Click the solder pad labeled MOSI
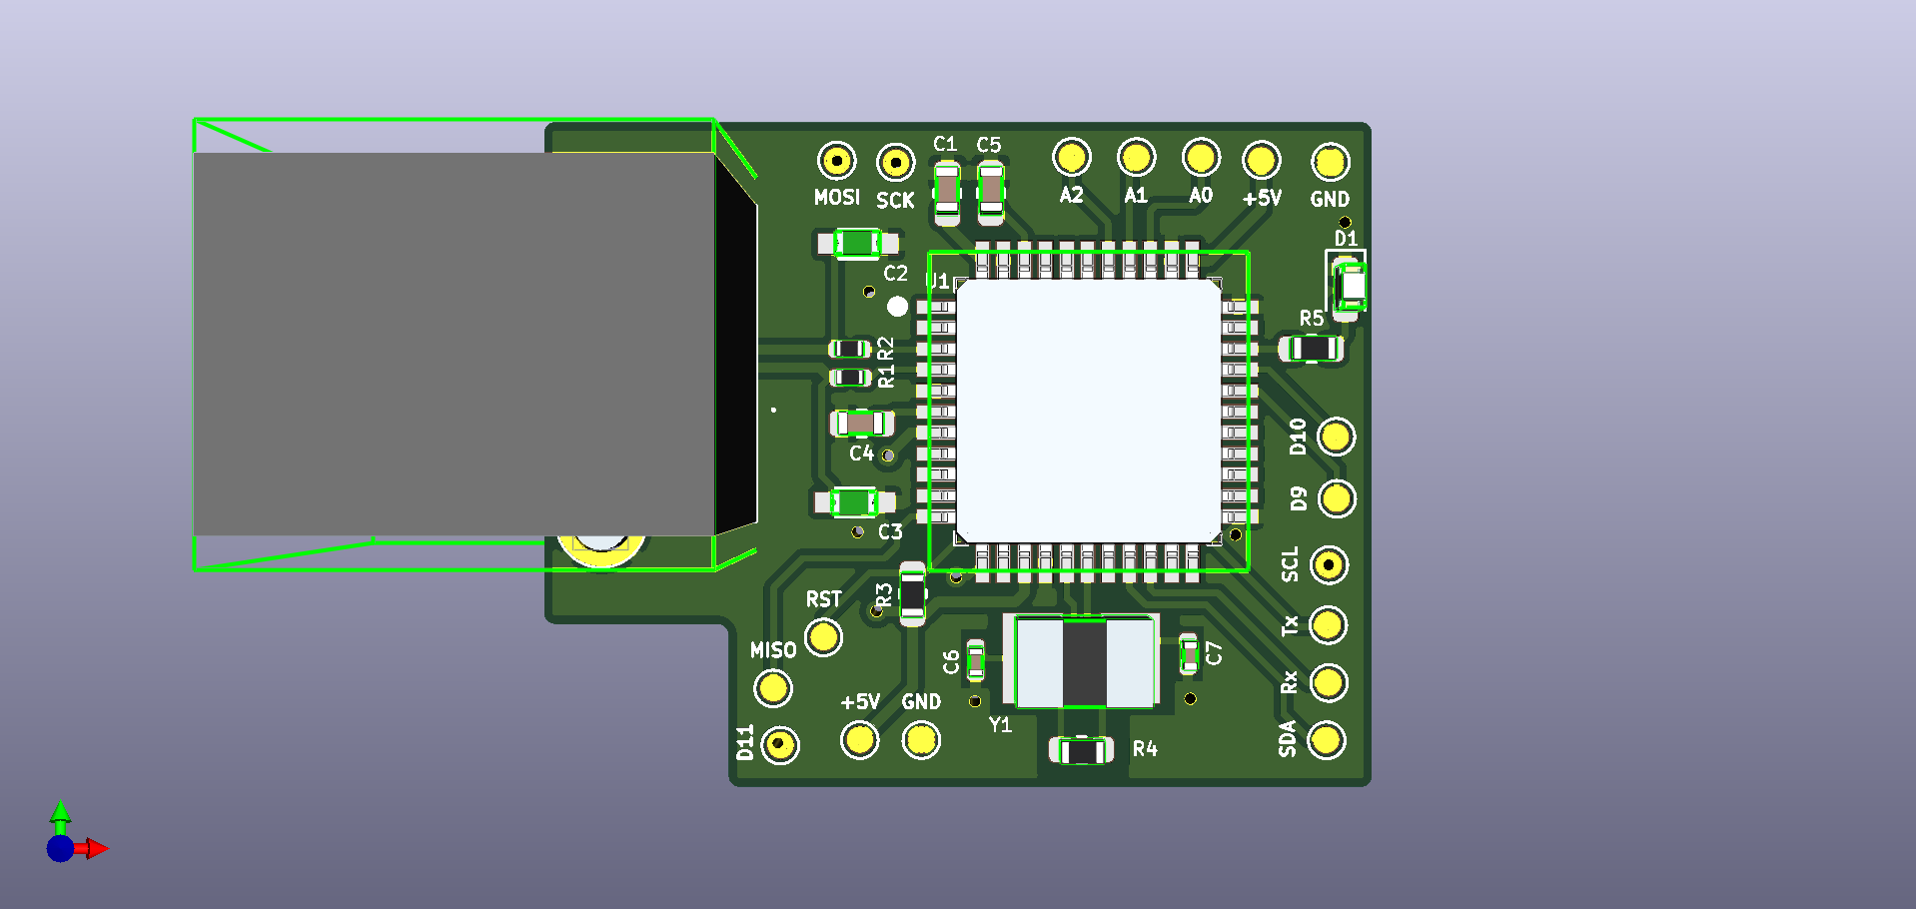[836, 160]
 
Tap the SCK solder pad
[895, 162]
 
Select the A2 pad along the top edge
[1071, 157]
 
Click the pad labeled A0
[1200, 157]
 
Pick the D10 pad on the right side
[1336, 437]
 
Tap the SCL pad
[1328, 565]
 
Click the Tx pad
[1328, 625]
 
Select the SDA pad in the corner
[1326, 740]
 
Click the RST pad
[823, 636]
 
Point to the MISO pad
[772, 687]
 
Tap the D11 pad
[779, 745]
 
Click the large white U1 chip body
[1088, 411]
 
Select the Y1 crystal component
[1086, 662]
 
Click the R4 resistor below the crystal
[1081, 750]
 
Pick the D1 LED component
[1351, 286]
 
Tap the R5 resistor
[1313, 349]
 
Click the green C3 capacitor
[855, 501]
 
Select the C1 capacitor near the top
[946, 191]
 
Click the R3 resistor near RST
[912, 594]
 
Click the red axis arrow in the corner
[96, 849]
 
